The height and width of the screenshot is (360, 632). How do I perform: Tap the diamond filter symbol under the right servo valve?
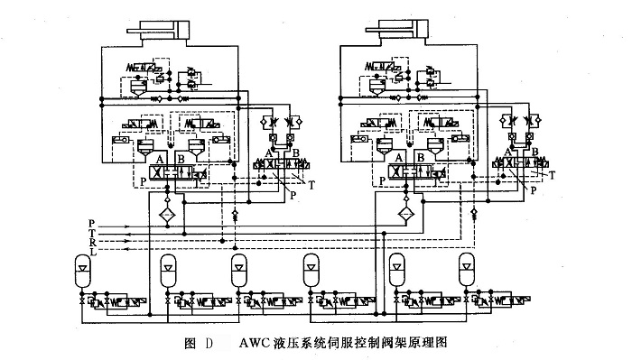pos(407,214)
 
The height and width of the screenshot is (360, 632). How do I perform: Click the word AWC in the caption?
pos(255,344)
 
